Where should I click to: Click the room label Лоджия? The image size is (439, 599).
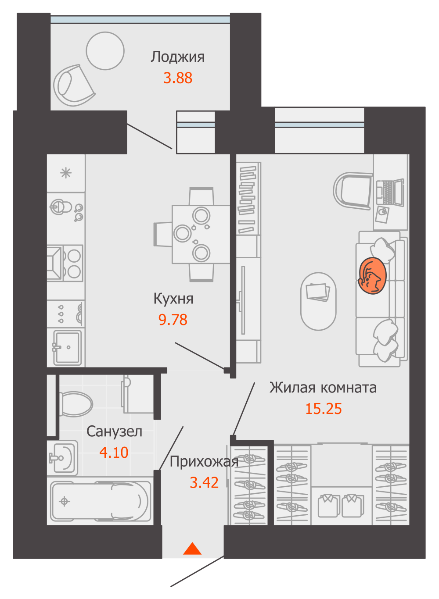(178, 57)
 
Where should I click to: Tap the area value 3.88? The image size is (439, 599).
(178, 78)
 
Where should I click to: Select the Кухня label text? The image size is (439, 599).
(173, 299)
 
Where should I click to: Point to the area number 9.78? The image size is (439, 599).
(173, 320)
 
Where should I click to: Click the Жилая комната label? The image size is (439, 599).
(323, 388)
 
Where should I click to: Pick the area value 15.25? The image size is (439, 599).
(323, 409)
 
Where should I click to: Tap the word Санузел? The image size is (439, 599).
(114, 431)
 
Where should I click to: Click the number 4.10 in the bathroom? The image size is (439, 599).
(114, 453)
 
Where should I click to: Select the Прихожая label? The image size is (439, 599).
(204, 462)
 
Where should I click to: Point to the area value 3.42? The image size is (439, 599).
(204, 483)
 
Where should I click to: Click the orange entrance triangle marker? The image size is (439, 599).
(192, 549)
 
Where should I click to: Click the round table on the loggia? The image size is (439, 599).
(105, 51)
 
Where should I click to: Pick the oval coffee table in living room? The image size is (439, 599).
(318, 301)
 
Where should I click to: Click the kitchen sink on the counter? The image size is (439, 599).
(67, 347)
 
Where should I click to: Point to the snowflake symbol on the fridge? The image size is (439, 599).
(66, 173)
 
